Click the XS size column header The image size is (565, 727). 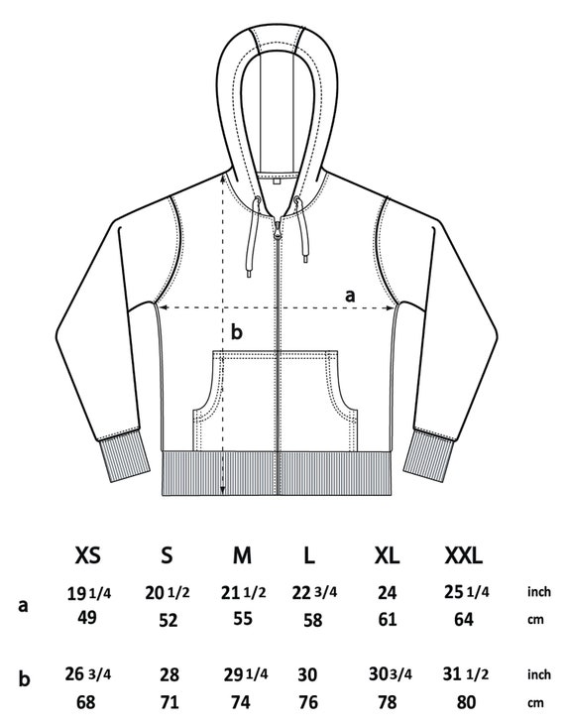[87, 554]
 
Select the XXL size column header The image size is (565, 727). [464, 554]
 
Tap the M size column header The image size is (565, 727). [242, 554]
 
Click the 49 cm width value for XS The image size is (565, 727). [87, 618]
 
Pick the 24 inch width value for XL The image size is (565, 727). [387, 592]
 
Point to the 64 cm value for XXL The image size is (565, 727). [464, 619]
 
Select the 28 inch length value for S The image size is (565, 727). [169, 674]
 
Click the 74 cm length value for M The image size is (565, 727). [241, 702]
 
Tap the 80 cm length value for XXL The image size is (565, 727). [466, 702]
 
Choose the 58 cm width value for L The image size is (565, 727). [313, 620]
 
